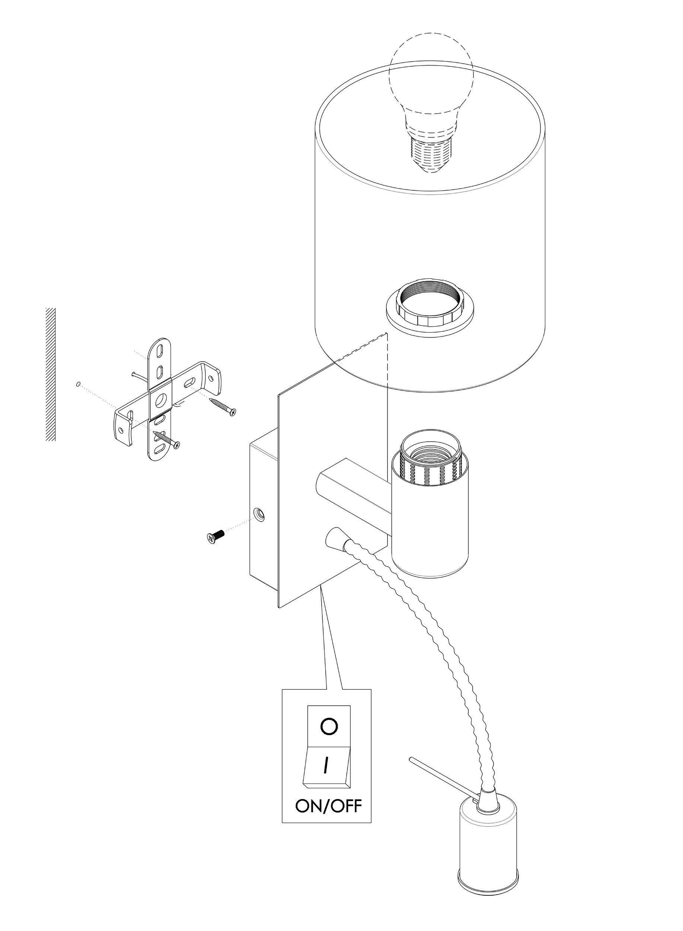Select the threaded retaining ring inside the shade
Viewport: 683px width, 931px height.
[430, 308]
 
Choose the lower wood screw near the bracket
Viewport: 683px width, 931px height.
[167, 439]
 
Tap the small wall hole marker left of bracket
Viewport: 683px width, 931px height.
[77, 384]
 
